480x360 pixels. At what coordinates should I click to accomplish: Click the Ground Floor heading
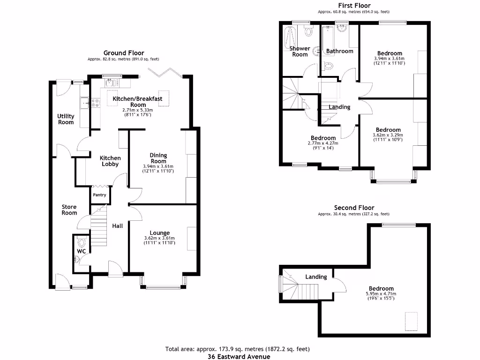(x=124, y=53)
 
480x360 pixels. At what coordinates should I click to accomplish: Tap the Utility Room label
(x=66, y=119)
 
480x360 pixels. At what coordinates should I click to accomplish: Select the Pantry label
(x=99, y=195)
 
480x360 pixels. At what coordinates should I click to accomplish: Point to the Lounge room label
(x=159, y=232)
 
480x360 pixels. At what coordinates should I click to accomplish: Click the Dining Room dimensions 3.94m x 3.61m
(x=158, y=166)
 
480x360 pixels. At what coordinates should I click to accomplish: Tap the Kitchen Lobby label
(x=110, y=161)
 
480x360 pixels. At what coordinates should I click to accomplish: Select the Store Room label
(x=69, y=210)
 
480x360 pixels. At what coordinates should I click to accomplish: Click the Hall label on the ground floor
(x=117, y=226)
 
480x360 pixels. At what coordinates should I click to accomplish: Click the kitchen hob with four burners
(x=95, y=102)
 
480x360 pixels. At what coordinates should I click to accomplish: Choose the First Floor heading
(x=354, y=6)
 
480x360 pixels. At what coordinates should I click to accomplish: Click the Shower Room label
(x=300, y=51)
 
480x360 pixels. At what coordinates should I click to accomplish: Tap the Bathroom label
(x=339, y=51)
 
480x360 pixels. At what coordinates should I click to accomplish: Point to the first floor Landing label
(x=339, y=107)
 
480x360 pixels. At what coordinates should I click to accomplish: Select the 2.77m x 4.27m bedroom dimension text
(x=322, y=143)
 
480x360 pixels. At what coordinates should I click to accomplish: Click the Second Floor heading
(x=354, y=208)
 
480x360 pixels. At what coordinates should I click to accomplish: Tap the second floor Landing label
(x=316, y=277)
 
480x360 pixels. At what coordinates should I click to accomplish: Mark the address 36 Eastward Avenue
(x=239, y=356)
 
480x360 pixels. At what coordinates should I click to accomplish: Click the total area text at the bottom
(x=237, y=349)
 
